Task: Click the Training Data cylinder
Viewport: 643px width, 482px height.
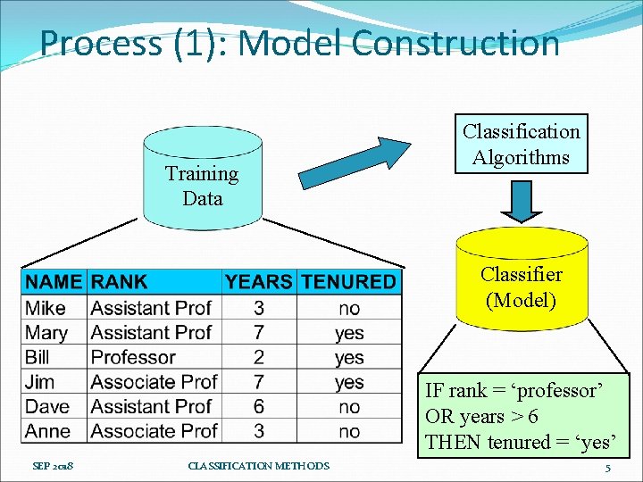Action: [x=203, y=184]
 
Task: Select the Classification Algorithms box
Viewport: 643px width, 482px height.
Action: [x=521, y=145]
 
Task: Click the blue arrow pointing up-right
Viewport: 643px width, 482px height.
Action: [x=354, y=162]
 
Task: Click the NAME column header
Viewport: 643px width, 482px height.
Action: [x=54, y=282]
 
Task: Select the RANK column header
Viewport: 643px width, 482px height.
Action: [x=120, y=282]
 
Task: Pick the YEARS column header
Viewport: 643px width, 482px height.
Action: [x=258, y=282]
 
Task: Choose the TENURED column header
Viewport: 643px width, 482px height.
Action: [x=348, y=282]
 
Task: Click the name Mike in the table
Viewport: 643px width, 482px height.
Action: [x=46, y=308]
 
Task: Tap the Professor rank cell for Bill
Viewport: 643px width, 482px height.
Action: [x=133, y=357]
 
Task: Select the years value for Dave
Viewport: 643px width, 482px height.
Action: [x=258, y=406]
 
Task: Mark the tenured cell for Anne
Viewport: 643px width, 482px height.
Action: [x=349, y=431]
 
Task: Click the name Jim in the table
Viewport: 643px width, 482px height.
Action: [x=40, y=382]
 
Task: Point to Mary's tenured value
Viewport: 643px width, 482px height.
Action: [x=349, y=333]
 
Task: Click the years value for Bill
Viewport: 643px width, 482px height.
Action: [x=258, y=357]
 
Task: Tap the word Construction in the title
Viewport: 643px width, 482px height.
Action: [x=455, y=42]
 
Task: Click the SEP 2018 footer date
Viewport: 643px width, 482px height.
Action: [x=53, y=466]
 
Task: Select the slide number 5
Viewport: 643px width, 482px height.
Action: [x=607, y=468]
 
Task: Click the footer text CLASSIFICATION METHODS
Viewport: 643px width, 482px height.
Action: [x=259, y=466]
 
